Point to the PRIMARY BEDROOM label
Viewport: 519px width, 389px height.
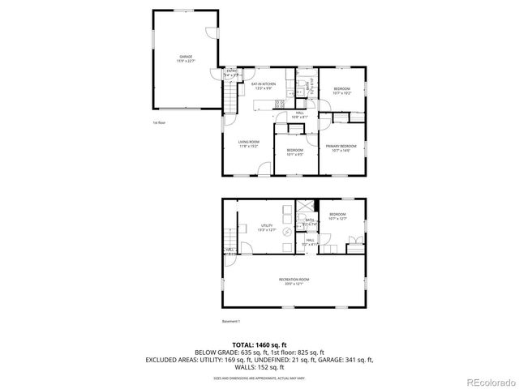click(x=341, y=146)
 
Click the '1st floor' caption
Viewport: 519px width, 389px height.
click(x=159, y=122)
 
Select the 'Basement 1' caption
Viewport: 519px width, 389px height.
click(x=231, y=322)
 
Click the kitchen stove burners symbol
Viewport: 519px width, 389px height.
click(x=281, y=103)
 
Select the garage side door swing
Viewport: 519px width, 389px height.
click(x=211, y=35)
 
